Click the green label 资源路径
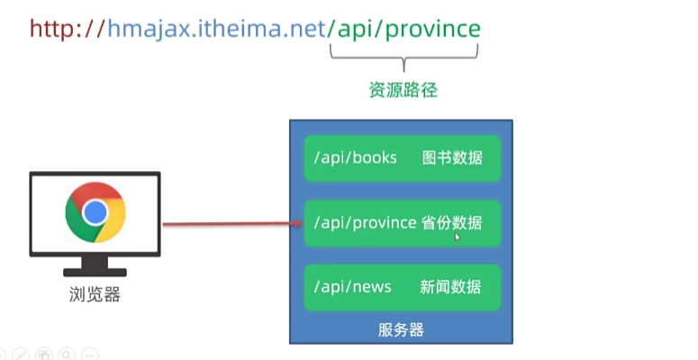tap(404, 91)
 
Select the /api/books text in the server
tap(355, 158)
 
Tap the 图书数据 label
tap(452, 158)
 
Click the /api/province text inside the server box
tap(365, 222)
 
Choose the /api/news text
tap(352, 287)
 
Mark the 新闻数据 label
tap(450, 287)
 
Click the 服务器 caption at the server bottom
tap(401, 329)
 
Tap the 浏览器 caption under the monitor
tap(95, 293)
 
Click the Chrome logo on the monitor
tap(95, 212)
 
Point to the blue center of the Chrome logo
tap(95, 212)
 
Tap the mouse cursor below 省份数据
tap(458, 237)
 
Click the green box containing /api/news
tap(402, 287)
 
